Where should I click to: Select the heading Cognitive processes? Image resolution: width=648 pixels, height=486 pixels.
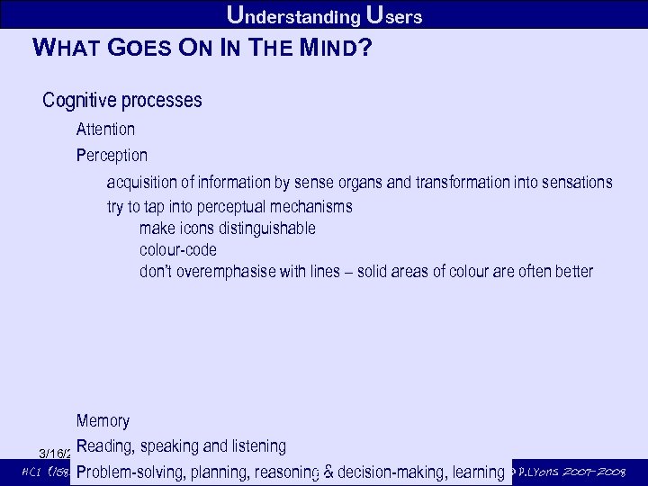[x=122, y=100]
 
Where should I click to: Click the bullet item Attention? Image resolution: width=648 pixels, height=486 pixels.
[x=105, y=130]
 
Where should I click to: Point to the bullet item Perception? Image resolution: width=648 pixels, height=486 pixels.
[x=112, y=156]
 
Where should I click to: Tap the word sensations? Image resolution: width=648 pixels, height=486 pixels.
[x=577, y=183]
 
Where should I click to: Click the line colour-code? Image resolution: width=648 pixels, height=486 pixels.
[x=178, y=250]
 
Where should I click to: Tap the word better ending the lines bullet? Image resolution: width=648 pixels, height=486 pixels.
[x=573, y=272]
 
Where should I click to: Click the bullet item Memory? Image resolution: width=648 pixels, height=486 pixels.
[x=103, y=421]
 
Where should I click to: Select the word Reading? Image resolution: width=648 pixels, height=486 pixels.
[x=105, y=446]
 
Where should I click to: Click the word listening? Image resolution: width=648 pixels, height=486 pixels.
[x=258, y=446]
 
